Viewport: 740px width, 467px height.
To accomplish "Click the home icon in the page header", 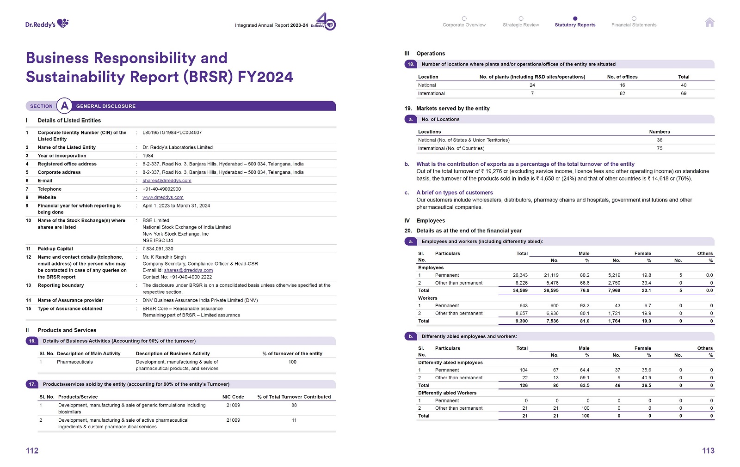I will coord(709,22).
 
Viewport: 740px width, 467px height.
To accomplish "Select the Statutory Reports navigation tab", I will coord(575,24).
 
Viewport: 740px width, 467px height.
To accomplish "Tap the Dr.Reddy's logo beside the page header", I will coord(47,24).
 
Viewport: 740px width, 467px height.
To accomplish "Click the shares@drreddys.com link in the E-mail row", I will coord(166,181).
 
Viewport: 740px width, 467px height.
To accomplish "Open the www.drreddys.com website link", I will coord(163,197).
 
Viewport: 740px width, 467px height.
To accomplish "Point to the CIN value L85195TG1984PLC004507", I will coord(172,133).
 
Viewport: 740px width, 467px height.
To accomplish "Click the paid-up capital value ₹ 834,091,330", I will coord(158,249).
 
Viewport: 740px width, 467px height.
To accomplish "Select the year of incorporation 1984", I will coord(148,156).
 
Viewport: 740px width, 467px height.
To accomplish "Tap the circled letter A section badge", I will coord(65,106).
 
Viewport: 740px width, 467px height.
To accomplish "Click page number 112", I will coord(32,451).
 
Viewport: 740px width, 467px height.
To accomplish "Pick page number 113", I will coord(708,451).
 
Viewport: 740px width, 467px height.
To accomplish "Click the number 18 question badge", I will coord(410,64).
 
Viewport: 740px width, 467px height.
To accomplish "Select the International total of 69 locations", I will coord(684,93).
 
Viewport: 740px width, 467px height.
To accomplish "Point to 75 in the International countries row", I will coord(660,148).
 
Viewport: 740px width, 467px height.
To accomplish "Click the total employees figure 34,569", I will coord(520,291).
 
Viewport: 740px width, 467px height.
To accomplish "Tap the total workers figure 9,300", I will coord(521,321).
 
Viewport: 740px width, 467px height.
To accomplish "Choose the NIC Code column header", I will coord(233,397).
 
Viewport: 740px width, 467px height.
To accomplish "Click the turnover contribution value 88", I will coord(294,405).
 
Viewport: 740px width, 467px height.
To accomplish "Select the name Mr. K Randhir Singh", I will coord(164,257).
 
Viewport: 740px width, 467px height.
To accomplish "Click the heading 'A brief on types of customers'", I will coord(455,193).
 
